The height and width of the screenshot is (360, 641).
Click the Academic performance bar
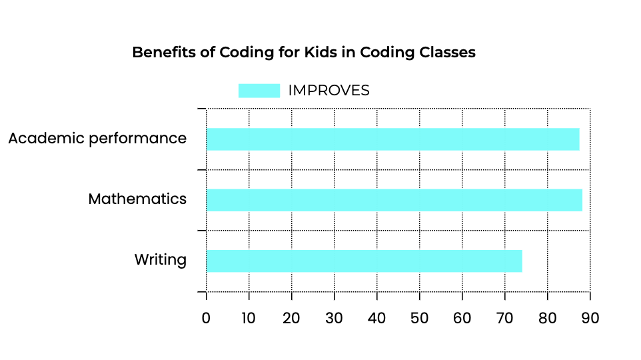(x=392, y=139)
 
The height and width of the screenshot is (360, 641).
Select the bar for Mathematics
(x=394, y=201)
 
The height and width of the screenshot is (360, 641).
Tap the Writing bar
(x=364, y=261)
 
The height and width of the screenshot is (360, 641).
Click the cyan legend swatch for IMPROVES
(x=259, y=91)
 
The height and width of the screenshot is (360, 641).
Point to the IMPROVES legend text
(x=328, y=91)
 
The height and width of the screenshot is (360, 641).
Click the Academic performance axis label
(x=97, y=139)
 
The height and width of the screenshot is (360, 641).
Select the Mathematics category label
(x=137, y=199)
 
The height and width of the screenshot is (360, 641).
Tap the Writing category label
(x=160, y=259)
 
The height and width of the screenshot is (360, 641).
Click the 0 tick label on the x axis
(x=206, y=317)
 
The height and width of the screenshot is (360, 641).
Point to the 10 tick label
(x=249, y=317)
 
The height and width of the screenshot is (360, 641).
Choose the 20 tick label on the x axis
(x=291, y=317)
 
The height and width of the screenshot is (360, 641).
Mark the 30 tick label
(x=334, y=317)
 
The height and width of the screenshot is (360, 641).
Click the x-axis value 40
(x=377, y=317)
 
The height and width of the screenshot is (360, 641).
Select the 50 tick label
(x=420, y=317)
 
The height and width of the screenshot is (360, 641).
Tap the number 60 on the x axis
(x=462, y=317)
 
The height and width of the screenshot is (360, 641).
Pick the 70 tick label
(x=505, y=317)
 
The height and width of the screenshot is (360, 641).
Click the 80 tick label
(x=548, y=317)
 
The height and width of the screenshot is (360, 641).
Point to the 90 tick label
(x=590, y=317)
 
